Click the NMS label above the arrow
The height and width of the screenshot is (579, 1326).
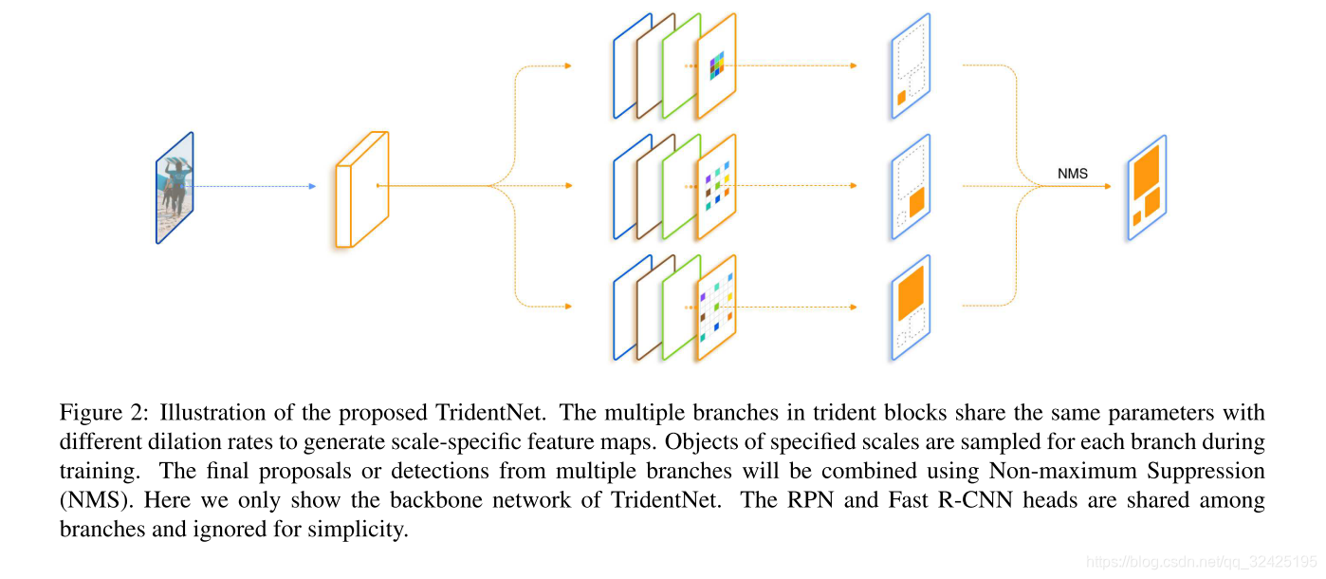pyautogui.click(x=1073, y=175)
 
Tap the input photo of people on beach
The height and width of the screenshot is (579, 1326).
pyautogui.click(x=175, y=188)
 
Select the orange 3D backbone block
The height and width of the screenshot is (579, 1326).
pyautogui.click(x=361, y=190)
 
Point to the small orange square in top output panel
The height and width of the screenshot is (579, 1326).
pyautogui.click(x=901, y=97)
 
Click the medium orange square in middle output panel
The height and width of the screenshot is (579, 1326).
pyautogui.click(x=916, y=202)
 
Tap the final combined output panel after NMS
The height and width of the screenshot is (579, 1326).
pyautogui.click(x=1146, y=188)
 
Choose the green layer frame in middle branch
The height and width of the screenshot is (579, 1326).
pyautogui.click(x=680, y=186)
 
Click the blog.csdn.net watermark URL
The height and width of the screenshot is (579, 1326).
pyautogui.click(x=1202, y=562)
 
